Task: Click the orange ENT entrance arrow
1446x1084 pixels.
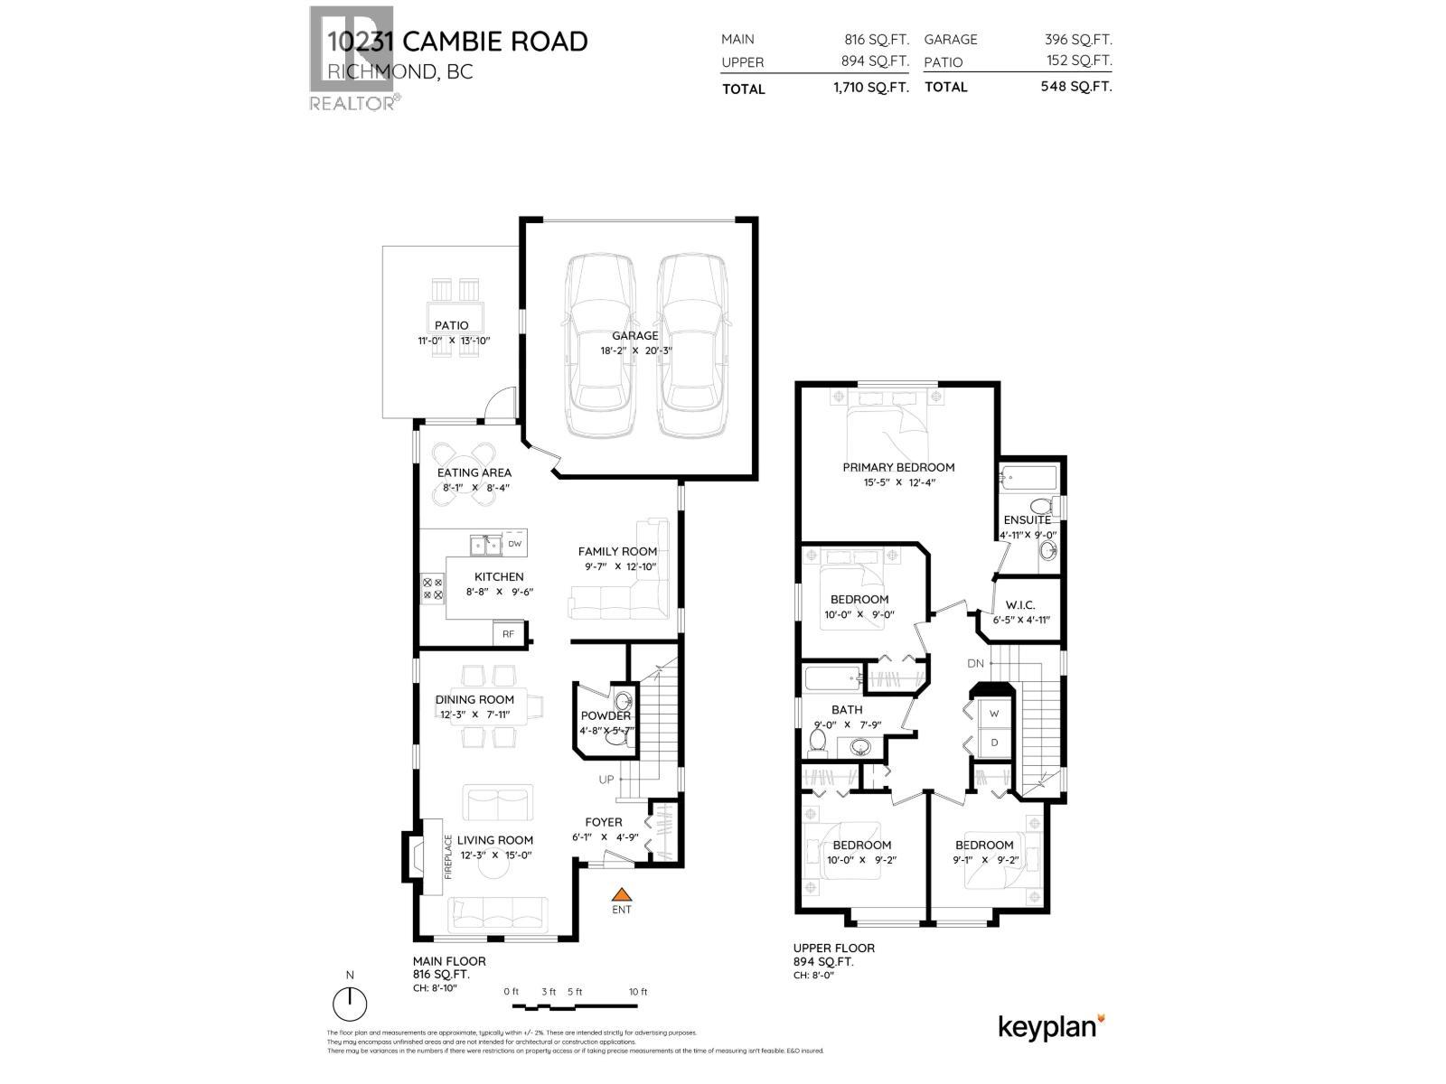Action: click(621, 892)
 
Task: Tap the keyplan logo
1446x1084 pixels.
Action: click(1050, 1027)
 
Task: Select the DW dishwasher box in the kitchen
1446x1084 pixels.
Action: click(514, 544)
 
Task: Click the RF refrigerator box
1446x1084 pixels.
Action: click(508, 634)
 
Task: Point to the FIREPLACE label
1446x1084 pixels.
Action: click(447, 855)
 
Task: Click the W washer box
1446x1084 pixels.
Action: click(994, 713)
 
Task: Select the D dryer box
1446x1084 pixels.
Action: click(994, 743)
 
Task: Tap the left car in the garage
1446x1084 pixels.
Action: click(599, 345)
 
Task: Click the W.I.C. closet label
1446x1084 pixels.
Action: click(1019, 605)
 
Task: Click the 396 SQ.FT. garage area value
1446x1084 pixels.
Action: click(1078, 40)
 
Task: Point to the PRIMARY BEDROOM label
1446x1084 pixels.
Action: click(898, 467)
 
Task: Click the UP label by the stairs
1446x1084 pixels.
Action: click(606, 780)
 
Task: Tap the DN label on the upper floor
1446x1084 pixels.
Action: click(975, 663)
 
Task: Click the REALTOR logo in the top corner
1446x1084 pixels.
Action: click(352, 59)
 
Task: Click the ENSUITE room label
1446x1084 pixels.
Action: click(1027, 519)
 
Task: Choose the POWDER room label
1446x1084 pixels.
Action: click(606, 715)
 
